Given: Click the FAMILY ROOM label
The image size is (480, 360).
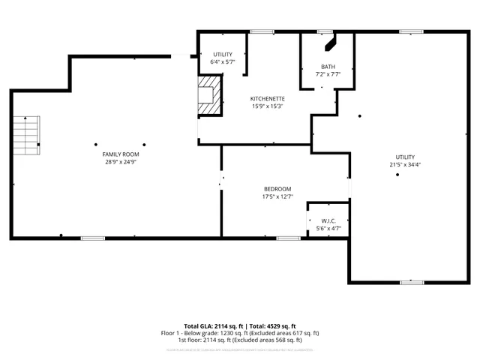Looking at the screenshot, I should pos(121,154).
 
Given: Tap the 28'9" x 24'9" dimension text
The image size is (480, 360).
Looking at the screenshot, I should pos(121,161).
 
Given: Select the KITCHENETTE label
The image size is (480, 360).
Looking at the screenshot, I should pos(267,99).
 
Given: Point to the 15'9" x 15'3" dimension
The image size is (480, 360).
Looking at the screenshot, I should pos(267,106).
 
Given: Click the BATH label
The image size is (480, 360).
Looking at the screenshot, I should pos(328,67).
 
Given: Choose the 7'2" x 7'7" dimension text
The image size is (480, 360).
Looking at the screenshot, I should pos(328,74).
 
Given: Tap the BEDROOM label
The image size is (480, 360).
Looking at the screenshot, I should pos(277,189).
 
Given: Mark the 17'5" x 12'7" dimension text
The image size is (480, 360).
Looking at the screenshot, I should pos(277,196).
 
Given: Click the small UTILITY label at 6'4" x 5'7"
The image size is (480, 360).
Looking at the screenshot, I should pos(223,55).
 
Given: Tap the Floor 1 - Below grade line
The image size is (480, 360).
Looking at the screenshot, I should pos(240,333).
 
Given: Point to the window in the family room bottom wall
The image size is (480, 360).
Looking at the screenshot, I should pos(91,238).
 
